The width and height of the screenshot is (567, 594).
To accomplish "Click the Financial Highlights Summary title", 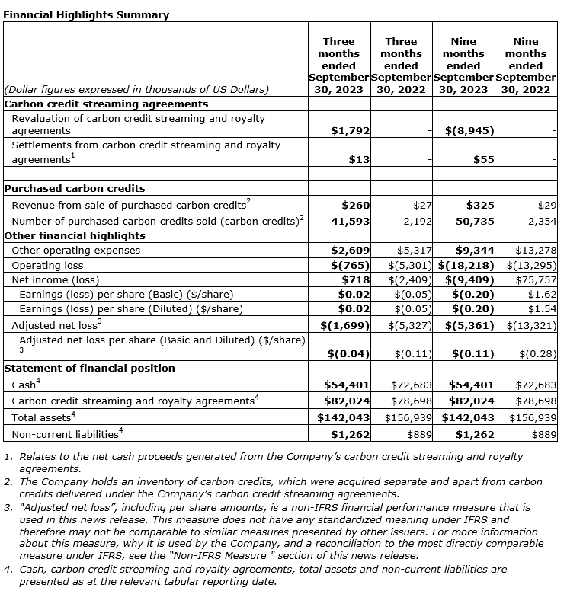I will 85,14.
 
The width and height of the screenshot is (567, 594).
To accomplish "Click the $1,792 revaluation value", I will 351,131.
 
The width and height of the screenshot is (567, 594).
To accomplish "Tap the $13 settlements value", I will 359,159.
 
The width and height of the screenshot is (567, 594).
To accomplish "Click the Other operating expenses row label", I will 76,251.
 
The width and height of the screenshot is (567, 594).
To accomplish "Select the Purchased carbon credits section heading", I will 75,188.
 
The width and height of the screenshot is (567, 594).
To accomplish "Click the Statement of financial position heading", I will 90,369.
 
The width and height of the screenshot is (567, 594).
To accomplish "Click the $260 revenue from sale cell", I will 355,206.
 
